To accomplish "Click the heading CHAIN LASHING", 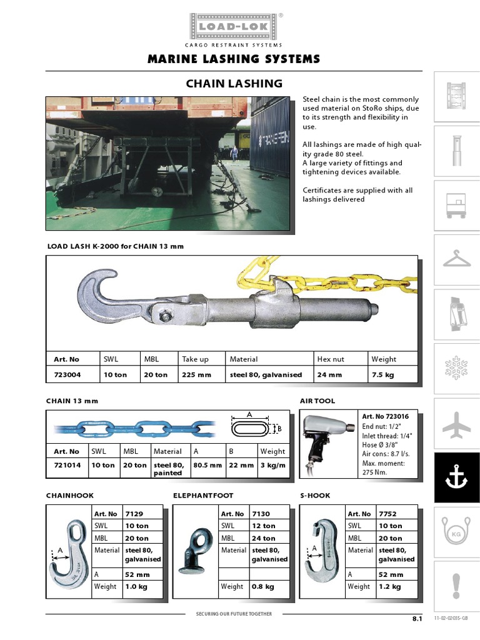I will [x=234, y=83].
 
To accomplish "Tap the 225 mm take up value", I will [x=196, y=375].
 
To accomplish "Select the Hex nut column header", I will [x=331, y=359].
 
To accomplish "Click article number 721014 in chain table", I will [x=67, y=465].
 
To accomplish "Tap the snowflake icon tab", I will [x=456, y=369].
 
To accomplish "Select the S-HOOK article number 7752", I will [x=387, y=514].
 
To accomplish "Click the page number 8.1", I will [x=417, y=618].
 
